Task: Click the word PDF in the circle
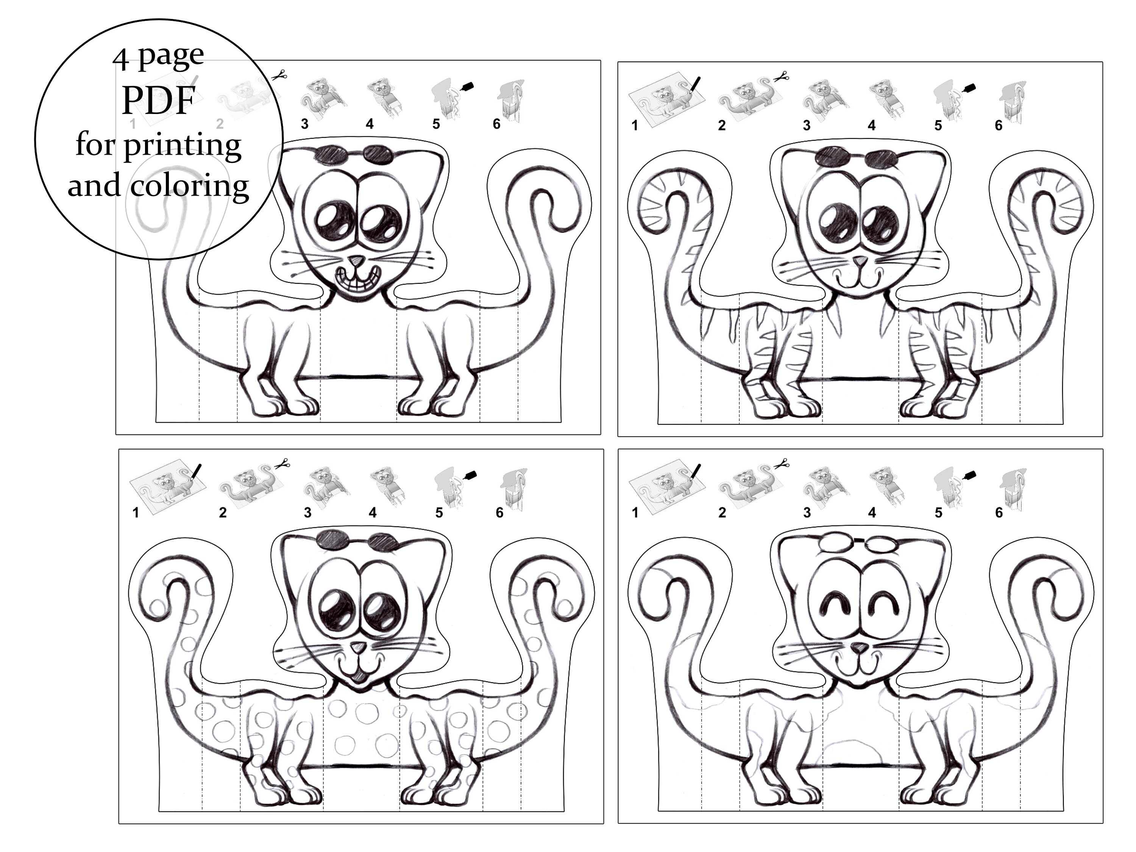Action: click(x=158, y=101)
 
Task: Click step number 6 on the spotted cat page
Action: click(x=499, y=513)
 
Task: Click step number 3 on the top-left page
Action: click(x=304, y=124)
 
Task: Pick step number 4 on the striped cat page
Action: click(x=872, y=125)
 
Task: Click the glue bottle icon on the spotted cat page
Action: click(x=470, y=475)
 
